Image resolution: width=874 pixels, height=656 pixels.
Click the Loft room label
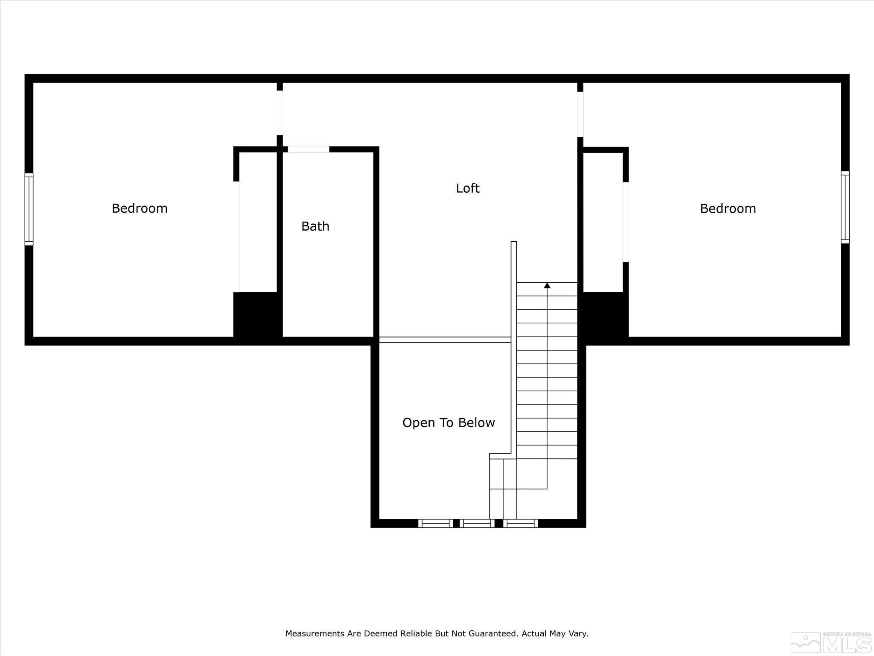[x=468, y=188]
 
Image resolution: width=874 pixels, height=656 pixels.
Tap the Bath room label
[x=315, y=226]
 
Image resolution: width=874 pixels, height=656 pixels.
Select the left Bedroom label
[x=140, y=208]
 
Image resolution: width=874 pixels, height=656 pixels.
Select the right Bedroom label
[x=728, y=208]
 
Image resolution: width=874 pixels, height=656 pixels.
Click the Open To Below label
[x=449, y=423]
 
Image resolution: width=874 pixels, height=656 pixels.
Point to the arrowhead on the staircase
[x=547, y=285]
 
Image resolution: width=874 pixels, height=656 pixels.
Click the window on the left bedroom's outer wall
[x=29, y=209]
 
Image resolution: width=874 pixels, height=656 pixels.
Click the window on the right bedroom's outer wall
[x=845, y=208]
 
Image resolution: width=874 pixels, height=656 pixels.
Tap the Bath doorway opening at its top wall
[x=309, y=149]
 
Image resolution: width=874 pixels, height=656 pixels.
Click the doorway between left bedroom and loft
[x=280, y=113]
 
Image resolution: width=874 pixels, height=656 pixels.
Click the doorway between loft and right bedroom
[x=580, y=114]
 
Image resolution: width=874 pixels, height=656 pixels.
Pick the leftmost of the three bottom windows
[x=436, y=523]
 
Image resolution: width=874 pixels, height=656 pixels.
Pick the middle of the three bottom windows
[x=477, y=523]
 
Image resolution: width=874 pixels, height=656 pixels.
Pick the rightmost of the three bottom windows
[x=521, y=523]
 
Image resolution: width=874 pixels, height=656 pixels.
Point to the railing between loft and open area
[x=445, y=340]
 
